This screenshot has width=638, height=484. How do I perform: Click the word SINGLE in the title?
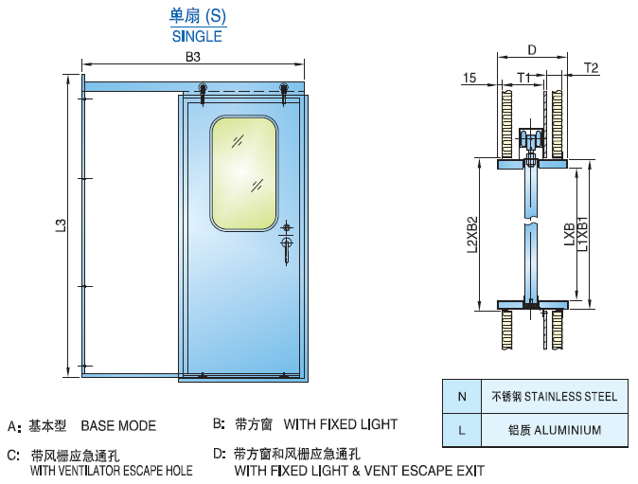tap(197, 37)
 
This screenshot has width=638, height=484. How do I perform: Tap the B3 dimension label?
tap(192, 58)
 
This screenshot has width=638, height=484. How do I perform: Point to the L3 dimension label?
tap(61, 225)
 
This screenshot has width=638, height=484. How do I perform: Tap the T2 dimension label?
tap(592, 67)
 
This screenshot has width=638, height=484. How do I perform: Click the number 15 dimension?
tap(470, 78)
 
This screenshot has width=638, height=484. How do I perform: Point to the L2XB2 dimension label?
tap(471, 234)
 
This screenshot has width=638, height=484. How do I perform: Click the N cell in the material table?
tap(461, 396)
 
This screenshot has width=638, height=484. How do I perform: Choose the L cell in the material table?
tap(461, 430)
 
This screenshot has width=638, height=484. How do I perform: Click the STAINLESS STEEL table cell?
tap(553, 396)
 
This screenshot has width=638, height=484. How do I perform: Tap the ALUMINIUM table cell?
tap(553, 430)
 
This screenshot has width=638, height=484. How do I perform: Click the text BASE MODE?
tap(118, 425)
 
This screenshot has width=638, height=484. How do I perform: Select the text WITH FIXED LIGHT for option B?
tap(340, 424)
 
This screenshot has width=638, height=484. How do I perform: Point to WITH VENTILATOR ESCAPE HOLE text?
tap(112, 470)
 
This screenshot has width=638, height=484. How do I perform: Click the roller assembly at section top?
tap(533, 142)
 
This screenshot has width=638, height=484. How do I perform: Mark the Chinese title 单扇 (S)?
tap(197, 17)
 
